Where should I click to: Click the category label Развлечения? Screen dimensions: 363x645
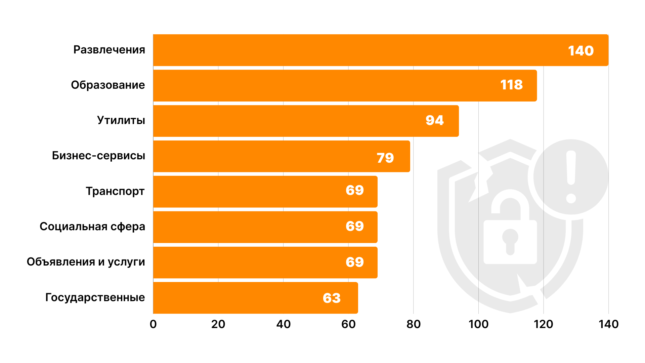point(109,50)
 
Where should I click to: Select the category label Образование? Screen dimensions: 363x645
point(108,85)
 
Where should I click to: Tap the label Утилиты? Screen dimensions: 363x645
point(121,120)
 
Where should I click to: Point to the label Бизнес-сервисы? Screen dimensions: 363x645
point(98,156)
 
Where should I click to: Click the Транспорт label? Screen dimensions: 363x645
point(115,191)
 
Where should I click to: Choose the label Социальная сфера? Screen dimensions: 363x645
point(92,227)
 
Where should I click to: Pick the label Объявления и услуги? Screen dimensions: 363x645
point(86,262)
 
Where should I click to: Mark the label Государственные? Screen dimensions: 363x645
point(95,297)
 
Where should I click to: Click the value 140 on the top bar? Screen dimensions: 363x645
point(580,51)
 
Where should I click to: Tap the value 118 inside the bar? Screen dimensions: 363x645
point(511,85)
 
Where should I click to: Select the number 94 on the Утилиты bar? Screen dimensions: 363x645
point(434,120)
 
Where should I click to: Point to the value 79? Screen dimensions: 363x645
point(385,158)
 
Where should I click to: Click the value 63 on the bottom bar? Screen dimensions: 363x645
point(332,298)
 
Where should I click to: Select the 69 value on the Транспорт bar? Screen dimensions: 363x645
point(354,190)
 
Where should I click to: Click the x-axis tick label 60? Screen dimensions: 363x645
point(348,324)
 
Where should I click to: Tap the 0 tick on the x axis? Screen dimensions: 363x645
point(153,324)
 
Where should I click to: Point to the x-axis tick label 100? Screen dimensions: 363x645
point(478,324)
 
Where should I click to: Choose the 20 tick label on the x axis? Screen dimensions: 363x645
point(218,324)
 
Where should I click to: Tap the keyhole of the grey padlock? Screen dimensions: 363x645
point(510,241)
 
